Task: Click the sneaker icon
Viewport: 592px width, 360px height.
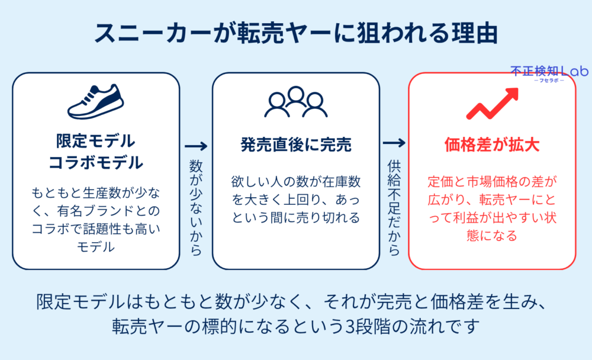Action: (x=95, y=102)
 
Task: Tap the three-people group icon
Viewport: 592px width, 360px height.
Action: (x=295, y=102)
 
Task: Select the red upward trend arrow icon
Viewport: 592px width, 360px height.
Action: (x=493, y=103)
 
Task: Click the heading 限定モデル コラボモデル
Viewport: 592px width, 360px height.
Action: (x=95, y=152)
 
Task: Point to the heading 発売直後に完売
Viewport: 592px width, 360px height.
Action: (x=295, y=144)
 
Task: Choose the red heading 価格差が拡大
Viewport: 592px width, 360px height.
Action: (x=492, y=144)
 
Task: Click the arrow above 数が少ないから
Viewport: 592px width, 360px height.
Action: (x=196, y=146)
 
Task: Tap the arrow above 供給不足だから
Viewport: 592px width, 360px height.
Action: (x=394, y=143)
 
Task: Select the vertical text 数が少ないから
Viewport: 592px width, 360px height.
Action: (x=196, y=207)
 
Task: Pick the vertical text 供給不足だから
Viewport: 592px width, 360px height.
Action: (x=394, y=207)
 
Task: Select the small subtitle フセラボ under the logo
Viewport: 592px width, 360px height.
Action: (x=549, y=81)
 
